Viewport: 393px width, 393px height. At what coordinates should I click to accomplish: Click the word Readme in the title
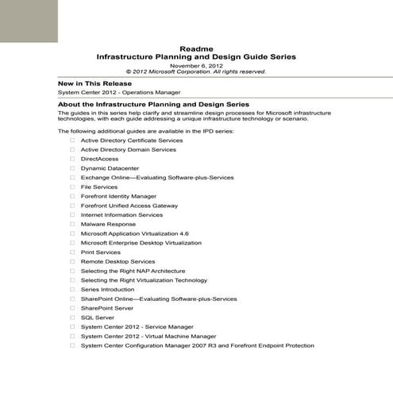pos(195,48)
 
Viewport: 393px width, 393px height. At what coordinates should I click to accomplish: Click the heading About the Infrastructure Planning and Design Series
pos(154,104)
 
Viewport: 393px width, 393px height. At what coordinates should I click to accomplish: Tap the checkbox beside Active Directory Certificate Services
pos(72,141)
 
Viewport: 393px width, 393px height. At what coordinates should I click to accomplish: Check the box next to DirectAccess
pos(72,159)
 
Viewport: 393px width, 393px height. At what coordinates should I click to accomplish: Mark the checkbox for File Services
pos(72,187)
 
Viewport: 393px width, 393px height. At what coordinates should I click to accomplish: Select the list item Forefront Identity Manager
pos(118,196)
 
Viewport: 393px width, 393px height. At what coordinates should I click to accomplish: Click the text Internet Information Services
pos(121,215)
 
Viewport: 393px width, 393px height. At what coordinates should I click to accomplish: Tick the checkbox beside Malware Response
pos(72,225)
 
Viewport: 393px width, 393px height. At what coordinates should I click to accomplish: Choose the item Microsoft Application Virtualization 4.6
pos(135,233)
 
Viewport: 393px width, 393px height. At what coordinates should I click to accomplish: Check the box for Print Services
pos(72,252)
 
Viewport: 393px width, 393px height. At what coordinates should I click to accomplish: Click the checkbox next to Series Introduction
pos(72,290)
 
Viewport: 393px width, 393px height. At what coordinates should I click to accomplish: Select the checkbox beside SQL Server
pos(72,318)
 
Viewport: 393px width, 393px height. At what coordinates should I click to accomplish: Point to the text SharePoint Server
pos(106,308)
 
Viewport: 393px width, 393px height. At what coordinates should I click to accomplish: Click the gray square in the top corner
pos(29,21)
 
